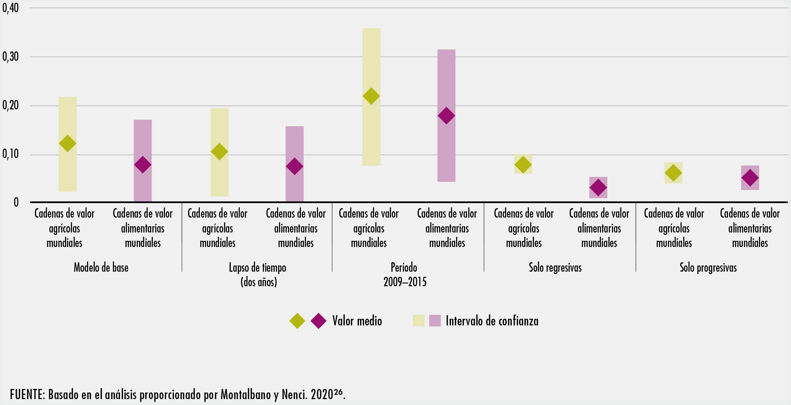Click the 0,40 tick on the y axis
pos(11,8)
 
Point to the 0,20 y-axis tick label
pos(11,105)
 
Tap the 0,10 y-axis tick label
pos(11,154)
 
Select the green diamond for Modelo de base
pos(67,143)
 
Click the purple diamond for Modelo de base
pos(143,165)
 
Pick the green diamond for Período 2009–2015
pos(371,96)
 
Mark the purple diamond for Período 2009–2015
pos(446,116)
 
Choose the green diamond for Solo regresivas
pos(523,165)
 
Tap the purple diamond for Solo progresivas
pos(750,178)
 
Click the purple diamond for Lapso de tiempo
pos(294,167)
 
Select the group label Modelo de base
pos(101,268)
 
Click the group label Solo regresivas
pos(555,268)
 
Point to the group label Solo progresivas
pos(708,268)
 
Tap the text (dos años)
pos(259,282)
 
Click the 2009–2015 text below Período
pos(405,282)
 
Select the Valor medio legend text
pos(357,321)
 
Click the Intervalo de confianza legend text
pos(492,321)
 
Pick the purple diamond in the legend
pos(319,321)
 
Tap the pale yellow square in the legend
pos(419,321)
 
